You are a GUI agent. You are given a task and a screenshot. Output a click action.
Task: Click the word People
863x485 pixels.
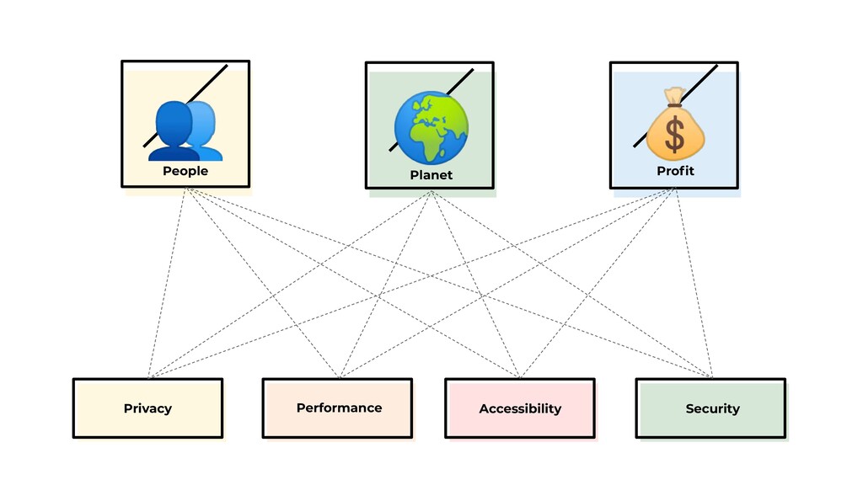[x=185, y=171]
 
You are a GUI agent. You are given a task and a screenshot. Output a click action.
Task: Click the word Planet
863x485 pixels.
[x=431, y=175]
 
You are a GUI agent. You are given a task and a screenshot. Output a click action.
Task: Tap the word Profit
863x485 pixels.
[x=675, y=171]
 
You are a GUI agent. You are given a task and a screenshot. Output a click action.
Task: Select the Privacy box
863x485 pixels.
[x=147, y=408]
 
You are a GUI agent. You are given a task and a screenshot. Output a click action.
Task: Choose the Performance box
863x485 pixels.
[x=337, y=408]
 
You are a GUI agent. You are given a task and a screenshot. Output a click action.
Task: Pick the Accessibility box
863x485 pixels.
[x=520, y=408]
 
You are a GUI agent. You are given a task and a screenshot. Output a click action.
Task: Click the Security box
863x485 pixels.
[x=711, y=408]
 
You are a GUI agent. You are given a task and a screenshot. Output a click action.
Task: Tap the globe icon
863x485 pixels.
[x=431, y=127]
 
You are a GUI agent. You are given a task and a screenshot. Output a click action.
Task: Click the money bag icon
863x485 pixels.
[x=675, y=126]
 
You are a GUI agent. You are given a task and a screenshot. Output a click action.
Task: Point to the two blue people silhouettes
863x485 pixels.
[x=185, y=131]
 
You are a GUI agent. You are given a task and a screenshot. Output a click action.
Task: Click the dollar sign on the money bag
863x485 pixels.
[x=675, y=136]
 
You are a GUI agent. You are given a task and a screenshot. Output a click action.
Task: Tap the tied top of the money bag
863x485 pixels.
[x=673, y=98]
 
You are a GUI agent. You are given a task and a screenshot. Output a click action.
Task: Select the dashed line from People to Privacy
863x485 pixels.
[x=167, y=283]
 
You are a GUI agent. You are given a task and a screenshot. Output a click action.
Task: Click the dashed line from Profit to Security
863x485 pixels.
[x=694, y=283]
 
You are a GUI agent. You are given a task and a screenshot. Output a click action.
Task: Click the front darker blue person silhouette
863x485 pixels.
[x=173, y=133]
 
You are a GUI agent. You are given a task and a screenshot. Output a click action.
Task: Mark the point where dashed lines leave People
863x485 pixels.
[x=185, y=189]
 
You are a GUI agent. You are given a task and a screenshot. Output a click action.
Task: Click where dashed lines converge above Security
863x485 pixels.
[x=711, y=376]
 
